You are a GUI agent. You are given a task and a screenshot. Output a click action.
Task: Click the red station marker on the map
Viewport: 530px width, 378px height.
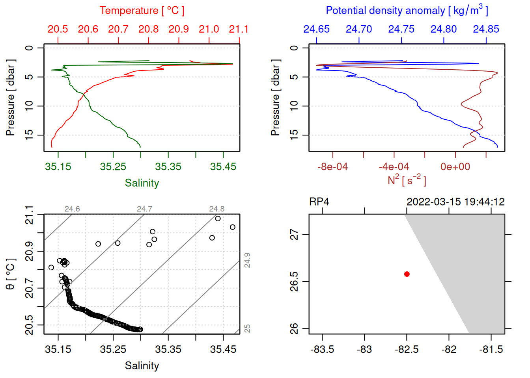pyautogui.click(x=407, y=274)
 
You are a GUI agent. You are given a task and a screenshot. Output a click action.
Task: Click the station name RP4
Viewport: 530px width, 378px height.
pyautogui.click(x=319, y=202)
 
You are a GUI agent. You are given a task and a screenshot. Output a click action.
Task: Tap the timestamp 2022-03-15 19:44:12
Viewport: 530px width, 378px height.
pyautogui.click(x=455, y=202)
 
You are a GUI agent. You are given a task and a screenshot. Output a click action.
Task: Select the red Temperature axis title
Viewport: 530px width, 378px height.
pyautogui.click(x=142, y=11)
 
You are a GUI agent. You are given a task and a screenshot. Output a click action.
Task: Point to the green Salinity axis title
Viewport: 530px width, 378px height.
pyautogui.click(x=142, y=183)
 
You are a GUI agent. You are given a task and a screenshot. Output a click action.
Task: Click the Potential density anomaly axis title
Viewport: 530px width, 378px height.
pyautogui.click(x=407, y=11)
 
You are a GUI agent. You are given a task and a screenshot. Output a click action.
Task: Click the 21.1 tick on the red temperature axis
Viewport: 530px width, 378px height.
pyautogui.click(x=239, y=29)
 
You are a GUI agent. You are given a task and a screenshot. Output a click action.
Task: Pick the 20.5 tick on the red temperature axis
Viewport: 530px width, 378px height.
pyautogui.click(x=58, y=29)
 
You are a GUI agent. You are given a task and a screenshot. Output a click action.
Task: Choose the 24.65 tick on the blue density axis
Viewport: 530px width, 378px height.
pyautogui.click(x=316, y=29)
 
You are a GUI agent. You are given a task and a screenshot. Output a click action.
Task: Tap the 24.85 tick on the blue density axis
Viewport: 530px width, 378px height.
pyautogui.click(x=486, y=29)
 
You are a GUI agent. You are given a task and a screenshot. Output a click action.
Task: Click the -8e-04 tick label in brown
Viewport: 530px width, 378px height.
pyautogui.click(x=332, y=167)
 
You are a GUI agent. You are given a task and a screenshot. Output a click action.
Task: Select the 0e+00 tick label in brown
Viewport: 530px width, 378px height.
pyautogui.click(x=455, y=167)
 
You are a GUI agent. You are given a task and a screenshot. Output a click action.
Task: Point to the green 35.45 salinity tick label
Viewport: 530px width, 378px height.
pyautogui.click(x=223, y=167)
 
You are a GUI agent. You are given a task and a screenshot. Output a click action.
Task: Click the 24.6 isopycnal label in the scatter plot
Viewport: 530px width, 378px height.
pyautogui.click(x=72, y=209)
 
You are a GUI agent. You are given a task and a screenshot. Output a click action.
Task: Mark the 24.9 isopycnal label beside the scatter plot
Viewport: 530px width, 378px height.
pyautogui.click(x=247, y=260)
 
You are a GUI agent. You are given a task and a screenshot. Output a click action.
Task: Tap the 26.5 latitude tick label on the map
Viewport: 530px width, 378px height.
pyautogui.click(x=294, y=282)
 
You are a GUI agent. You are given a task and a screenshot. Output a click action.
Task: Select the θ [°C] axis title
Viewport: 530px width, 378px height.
pyautogui.click(x=11, y=274)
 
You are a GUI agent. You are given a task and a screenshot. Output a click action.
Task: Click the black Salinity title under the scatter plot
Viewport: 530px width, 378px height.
pyautogui.click(x=142, y=366)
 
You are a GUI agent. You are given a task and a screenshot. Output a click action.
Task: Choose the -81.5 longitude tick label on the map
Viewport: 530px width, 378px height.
pyautogui.click(x=491, y=350)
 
